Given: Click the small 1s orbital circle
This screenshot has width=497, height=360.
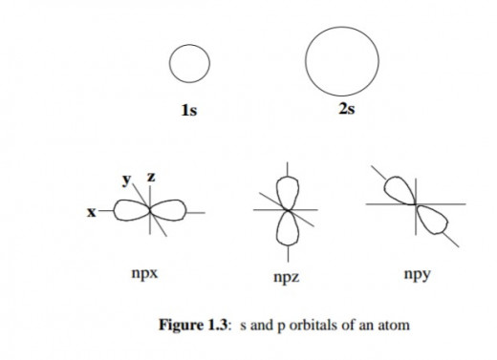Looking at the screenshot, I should [x=189, y=64].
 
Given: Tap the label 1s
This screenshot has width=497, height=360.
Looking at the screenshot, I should [x=189, y=111].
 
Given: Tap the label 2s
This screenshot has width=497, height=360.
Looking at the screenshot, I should [x=346, y=110].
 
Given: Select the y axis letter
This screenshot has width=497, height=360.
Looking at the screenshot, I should [x=125, y=179].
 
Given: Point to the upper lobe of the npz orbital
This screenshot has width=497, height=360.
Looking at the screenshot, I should [x=285, y=190].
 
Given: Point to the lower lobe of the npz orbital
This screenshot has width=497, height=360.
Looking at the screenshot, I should [x=285, y=228].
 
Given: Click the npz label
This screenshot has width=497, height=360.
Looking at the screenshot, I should [x=287, y=278].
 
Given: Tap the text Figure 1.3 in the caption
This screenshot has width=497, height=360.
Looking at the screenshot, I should [x=194, y=326].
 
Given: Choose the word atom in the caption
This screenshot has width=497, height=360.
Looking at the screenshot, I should [x=393, y=326].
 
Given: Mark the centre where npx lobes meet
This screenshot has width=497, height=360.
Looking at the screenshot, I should [x=150, y=212].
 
